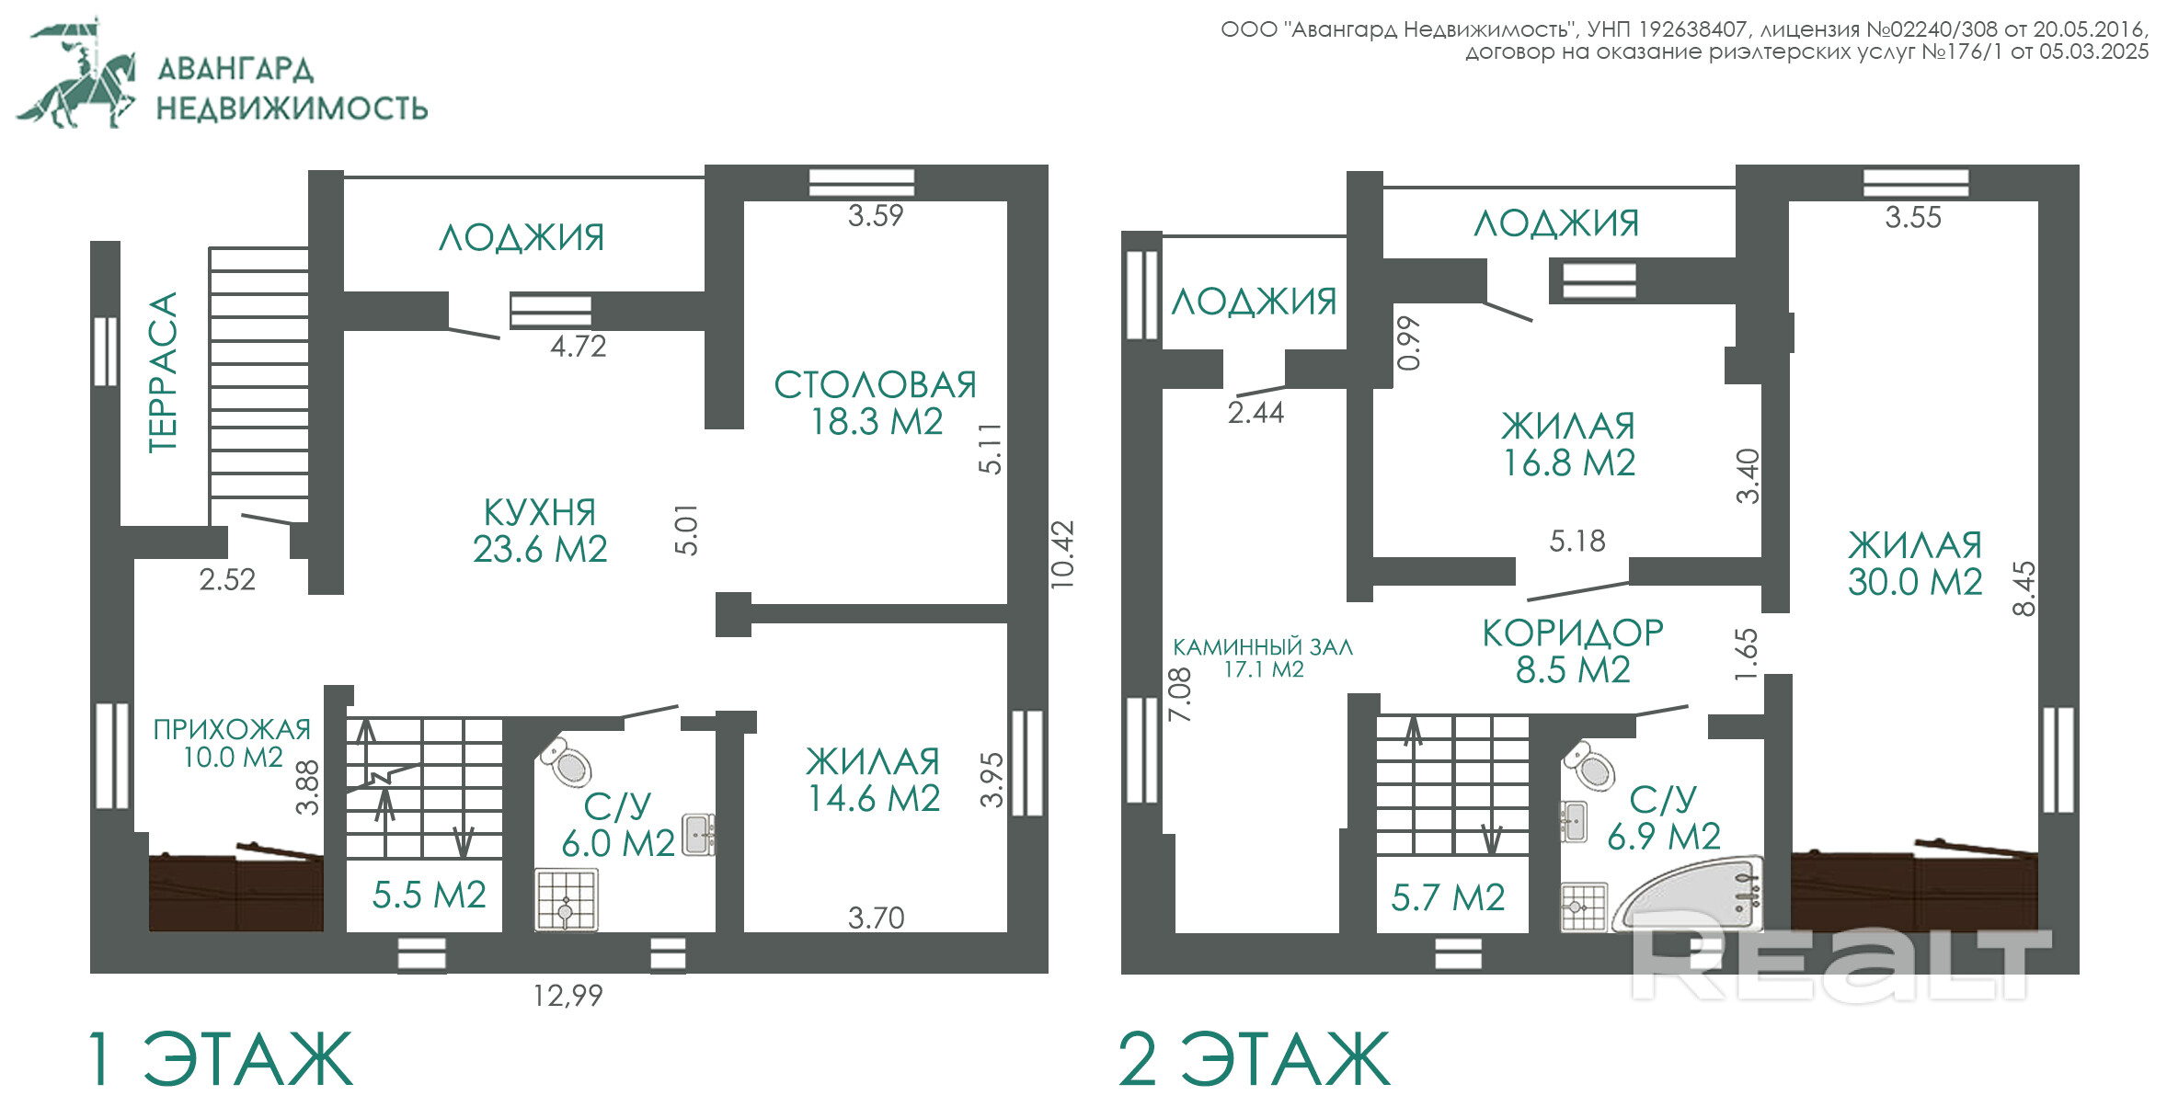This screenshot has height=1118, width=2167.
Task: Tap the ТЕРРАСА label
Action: (162, 372)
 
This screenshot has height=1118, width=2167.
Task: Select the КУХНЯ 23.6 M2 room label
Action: (540, 530)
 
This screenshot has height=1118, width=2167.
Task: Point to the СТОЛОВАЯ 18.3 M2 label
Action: (876, 403)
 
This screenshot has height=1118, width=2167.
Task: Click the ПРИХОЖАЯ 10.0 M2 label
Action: (233, 743)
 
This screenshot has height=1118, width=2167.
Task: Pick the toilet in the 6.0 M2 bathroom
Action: (567, 761)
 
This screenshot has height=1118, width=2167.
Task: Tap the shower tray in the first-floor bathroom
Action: (566, 900)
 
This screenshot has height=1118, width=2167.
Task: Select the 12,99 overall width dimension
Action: (568, 996)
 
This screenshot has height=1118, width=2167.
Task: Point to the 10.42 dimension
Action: (1062, 554)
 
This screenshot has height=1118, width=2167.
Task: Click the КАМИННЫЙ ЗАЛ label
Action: (1263, 647)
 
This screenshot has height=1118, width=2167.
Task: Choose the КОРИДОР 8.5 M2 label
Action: (1573, 651)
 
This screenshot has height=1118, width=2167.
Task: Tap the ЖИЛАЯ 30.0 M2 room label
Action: (1915, 564)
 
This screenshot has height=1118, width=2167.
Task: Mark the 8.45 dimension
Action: (2024, 588)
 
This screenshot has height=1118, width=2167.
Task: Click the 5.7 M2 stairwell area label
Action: (1448, 897)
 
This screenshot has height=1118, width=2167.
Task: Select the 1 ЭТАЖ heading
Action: (220, 1059)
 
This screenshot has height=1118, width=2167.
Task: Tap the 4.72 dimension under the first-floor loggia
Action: (579, 347)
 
